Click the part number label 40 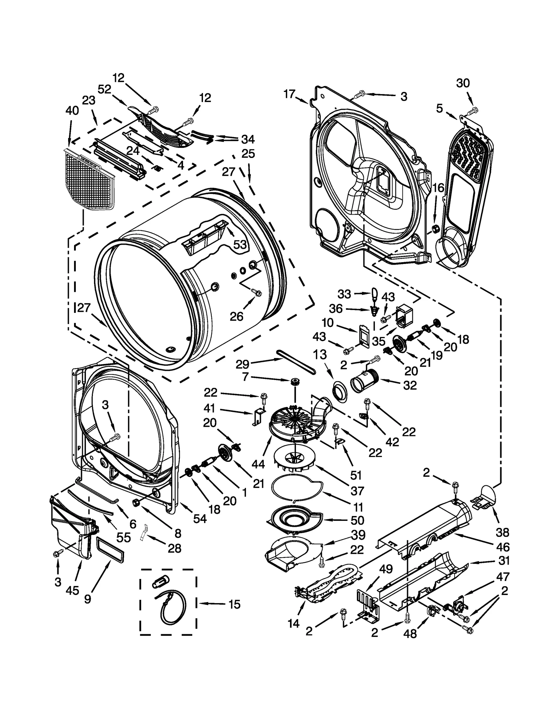[72, 110]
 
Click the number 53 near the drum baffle [240, 245]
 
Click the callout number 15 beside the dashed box [234, 604]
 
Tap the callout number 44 [258, 464]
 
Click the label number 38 [502, 532]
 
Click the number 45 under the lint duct [72, 590]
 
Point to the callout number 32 [410, 385]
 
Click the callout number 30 [463, 83]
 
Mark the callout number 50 [357, 520]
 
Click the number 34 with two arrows [248, 139]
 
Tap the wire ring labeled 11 [297, 489]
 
